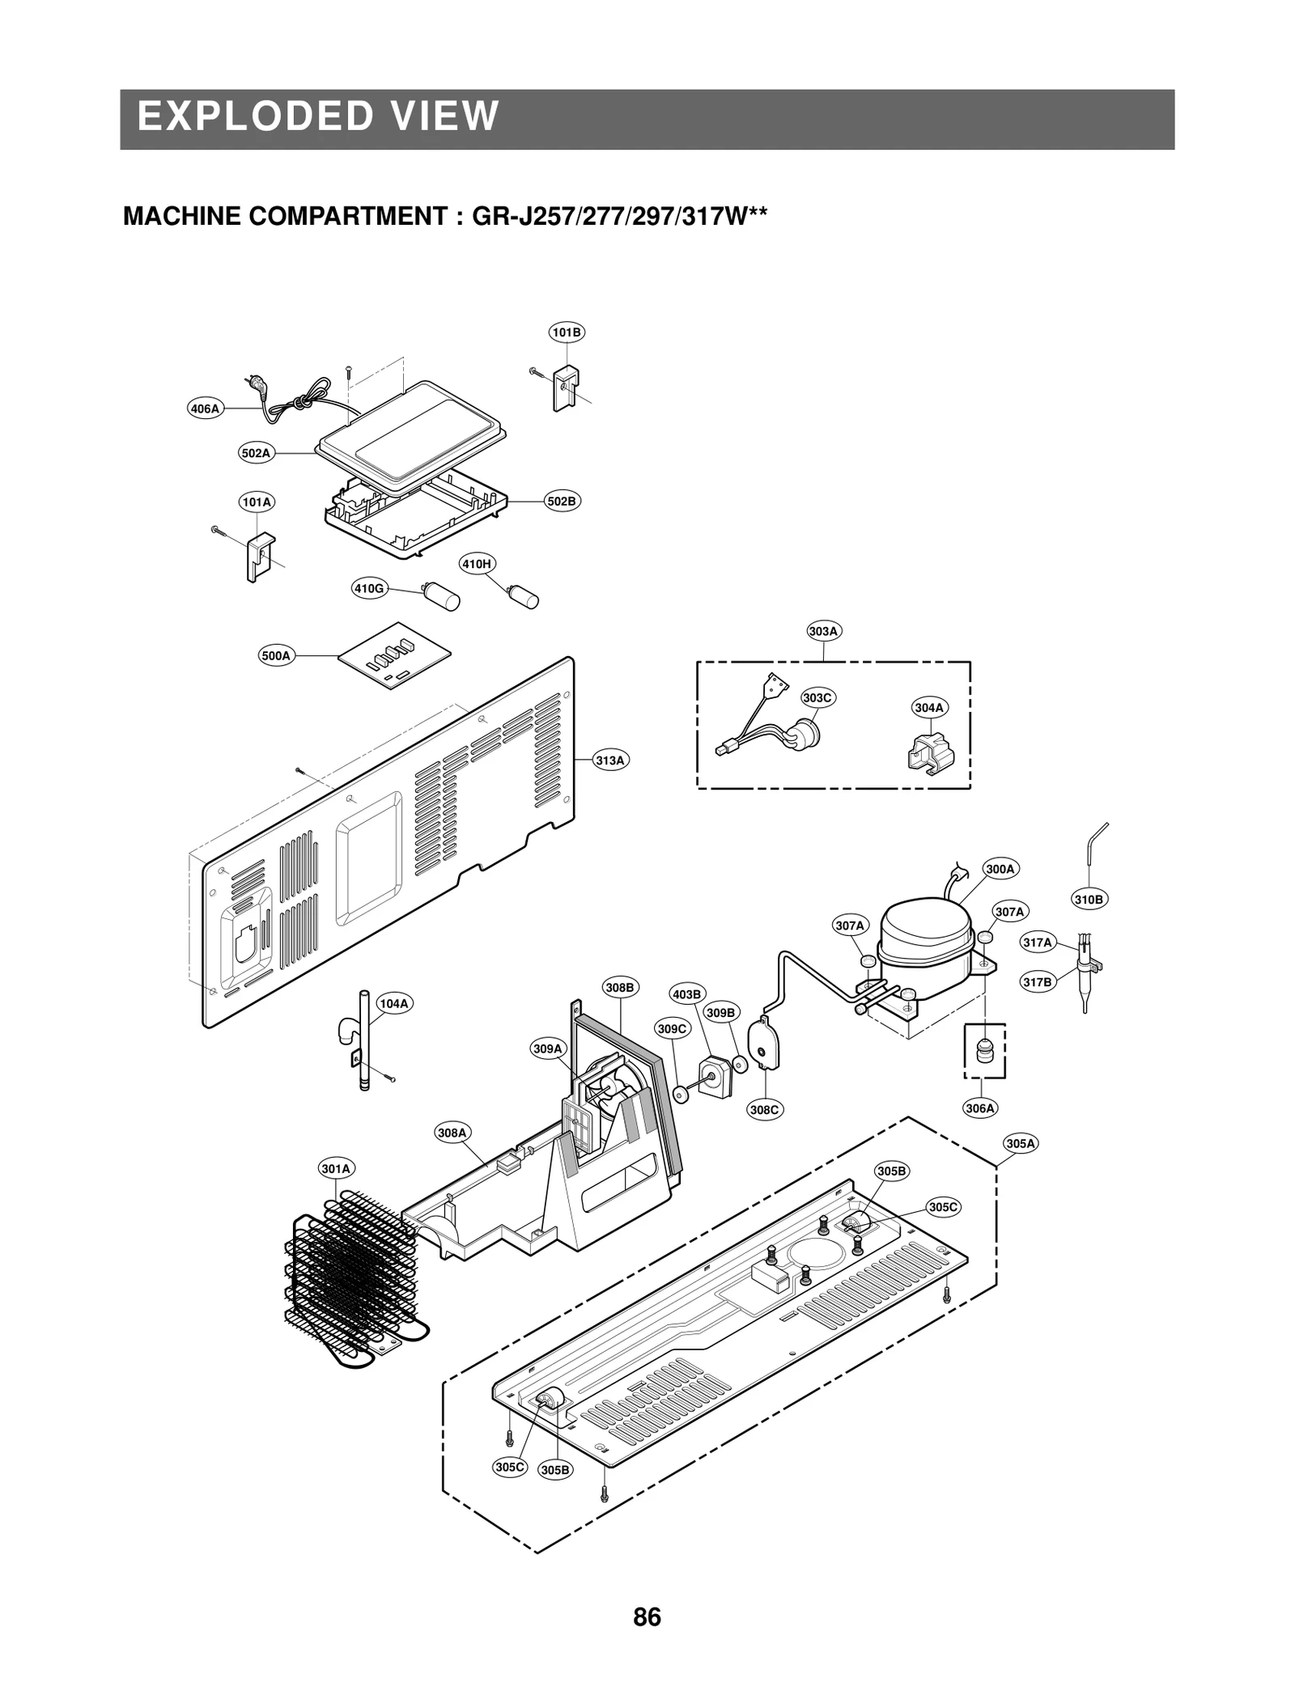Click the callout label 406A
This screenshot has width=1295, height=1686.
click(205, 409)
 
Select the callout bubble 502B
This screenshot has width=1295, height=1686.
click(562, 501)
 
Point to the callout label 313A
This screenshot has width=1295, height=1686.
click(610, 760)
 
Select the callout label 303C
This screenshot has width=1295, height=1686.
click(817, 697)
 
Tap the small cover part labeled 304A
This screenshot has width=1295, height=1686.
click(929, 751)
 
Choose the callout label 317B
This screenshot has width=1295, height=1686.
click(1038, 982)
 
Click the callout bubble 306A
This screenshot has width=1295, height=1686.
click(980, 1108)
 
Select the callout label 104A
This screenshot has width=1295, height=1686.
click(394, 1004)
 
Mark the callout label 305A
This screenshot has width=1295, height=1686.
click(1021, 1143)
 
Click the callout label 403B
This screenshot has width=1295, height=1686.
click(688, 994)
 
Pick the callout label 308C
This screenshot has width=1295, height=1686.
click(764, 1110)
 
